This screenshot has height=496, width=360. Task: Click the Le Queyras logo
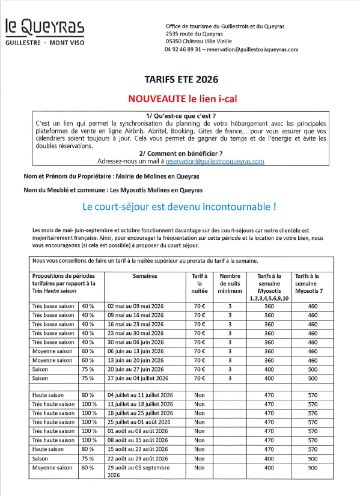[44, 32]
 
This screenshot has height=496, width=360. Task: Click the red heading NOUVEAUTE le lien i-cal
[180, 98]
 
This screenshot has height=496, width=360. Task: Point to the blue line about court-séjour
[179, 207]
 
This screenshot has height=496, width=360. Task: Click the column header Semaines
[144, 275]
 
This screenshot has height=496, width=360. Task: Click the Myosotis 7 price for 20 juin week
[312, 370]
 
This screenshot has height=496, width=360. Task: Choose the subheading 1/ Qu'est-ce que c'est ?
[180, 115]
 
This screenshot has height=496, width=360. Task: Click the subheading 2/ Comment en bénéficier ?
[180, 153]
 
